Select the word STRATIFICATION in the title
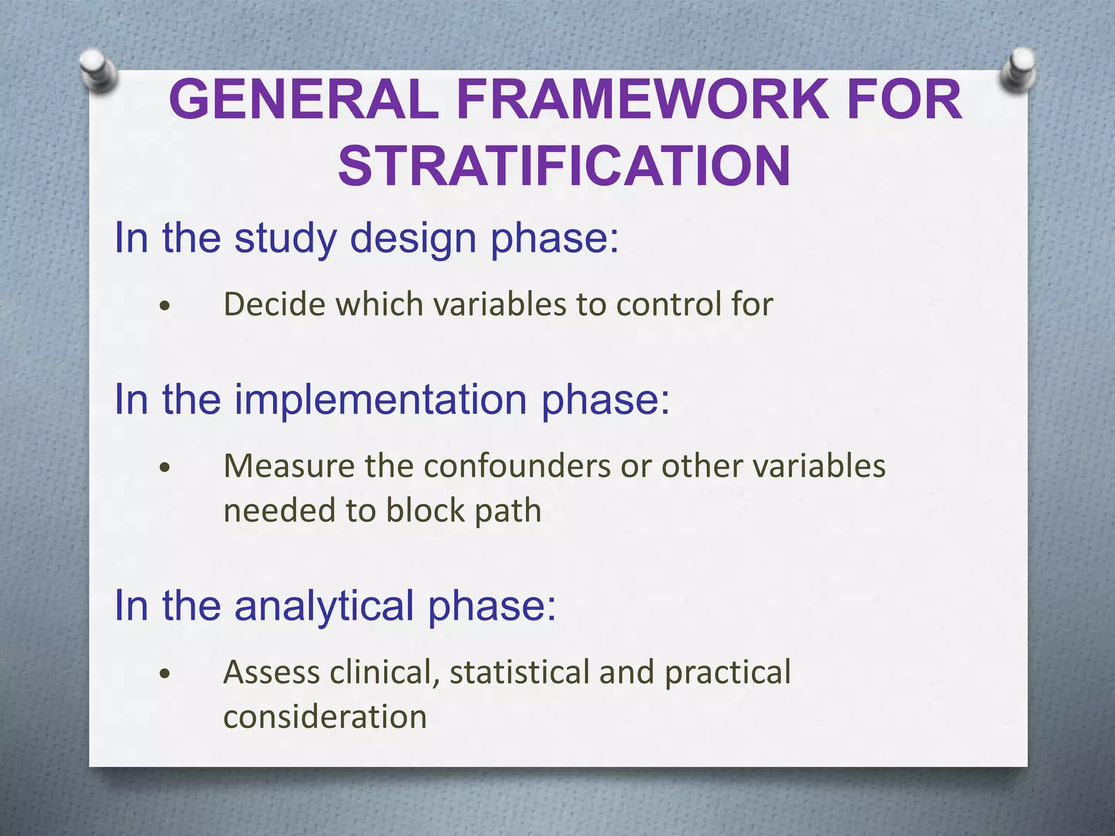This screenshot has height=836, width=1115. (x=564, y=166)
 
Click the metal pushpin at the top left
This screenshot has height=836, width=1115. (x=98, y=71)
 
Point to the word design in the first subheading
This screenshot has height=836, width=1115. (x=413, y=238)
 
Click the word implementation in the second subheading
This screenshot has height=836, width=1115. (x=381, y=399)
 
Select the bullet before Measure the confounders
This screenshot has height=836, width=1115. (x=166, y=468)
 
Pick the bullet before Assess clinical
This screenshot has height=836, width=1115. (x=166, y=674)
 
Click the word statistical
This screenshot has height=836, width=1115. (x=519, y=672)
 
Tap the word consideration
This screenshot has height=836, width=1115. (x=325, y=716)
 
